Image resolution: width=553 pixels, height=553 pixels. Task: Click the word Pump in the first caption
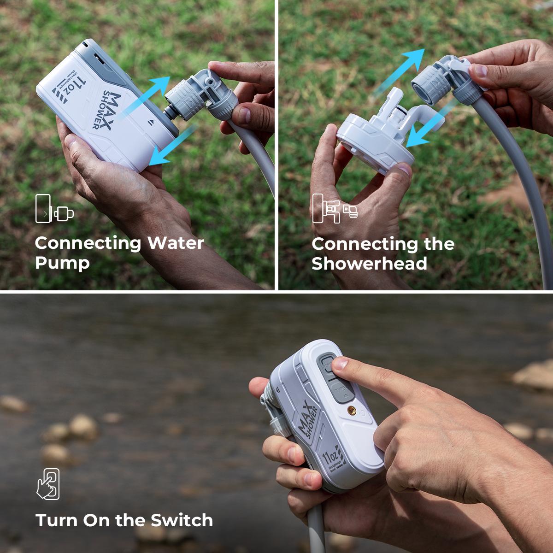(62, 264)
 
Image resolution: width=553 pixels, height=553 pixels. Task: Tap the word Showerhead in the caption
(369, 264)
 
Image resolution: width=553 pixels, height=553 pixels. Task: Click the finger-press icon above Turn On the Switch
(48, 483)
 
